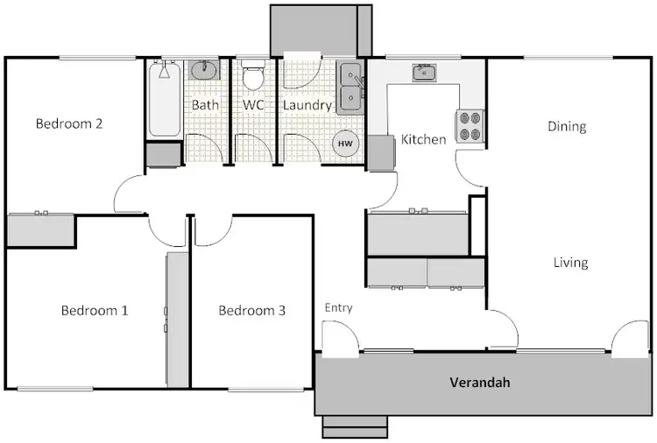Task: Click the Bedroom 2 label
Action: [69, 123]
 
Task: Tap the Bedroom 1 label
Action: [95, 310]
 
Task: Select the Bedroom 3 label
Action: [252, 310]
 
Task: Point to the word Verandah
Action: [480, 383]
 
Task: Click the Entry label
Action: [338, 307]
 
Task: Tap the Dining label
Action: [567, 126]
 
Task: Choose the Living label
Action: [570, 263]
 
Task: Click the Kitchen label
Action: [424, 139]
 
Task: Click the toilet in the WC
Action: [253, 77]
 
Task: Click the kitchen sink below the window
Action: [426, 72]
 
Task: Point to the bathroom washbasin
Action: [204, 70]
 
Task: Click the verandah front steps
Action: [355, 425]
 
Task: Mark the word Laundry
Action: [307, 105]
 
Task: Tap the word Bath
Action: [205, 105]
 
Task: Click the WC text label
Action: [253, 105]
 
